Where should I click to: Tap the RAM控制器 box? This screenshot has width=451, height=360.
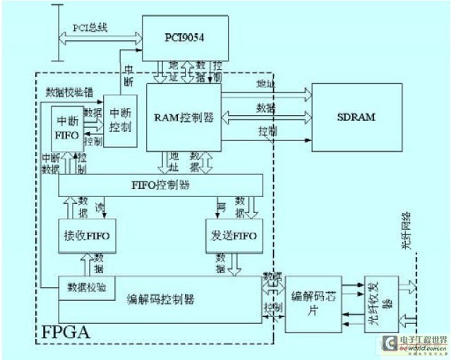(x=183, y=117)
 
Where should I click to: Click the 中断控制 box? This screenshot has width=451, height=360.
(x=119, y=120)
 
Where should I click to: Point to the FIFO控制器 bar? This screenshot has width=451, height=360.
(x=161, y=185)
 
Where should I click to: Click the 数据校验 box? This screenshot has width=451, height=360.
(x=87, y=287)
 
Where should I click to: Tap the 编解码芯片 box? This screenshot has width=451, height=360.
(x=313, y=304)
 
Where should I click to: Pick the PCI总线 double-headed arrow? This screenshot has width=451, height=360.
(x=98, y=40)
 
